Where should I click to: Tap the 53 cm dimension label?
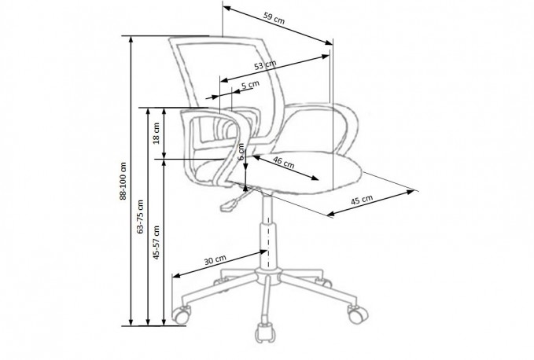265,64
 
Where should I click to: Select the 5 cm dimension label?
250,84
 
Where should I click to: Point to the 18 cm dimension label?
157,133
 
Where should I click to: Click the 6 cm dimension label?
241,152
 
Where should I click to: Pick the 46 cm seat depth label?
284,162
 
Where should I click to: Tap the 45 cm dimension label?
362,200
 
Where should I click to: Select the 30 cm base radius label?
215,260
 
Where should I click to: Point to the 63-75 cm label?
140,217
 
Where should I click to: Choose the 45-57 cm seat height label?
157,242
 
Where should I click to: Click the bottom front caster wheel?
265,332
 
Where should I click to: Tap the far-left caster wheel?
181,314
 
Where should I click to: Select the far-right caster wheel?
357,314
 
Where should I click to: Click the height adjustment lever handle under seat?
229,205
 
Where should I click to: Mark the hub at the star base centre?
269,276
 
